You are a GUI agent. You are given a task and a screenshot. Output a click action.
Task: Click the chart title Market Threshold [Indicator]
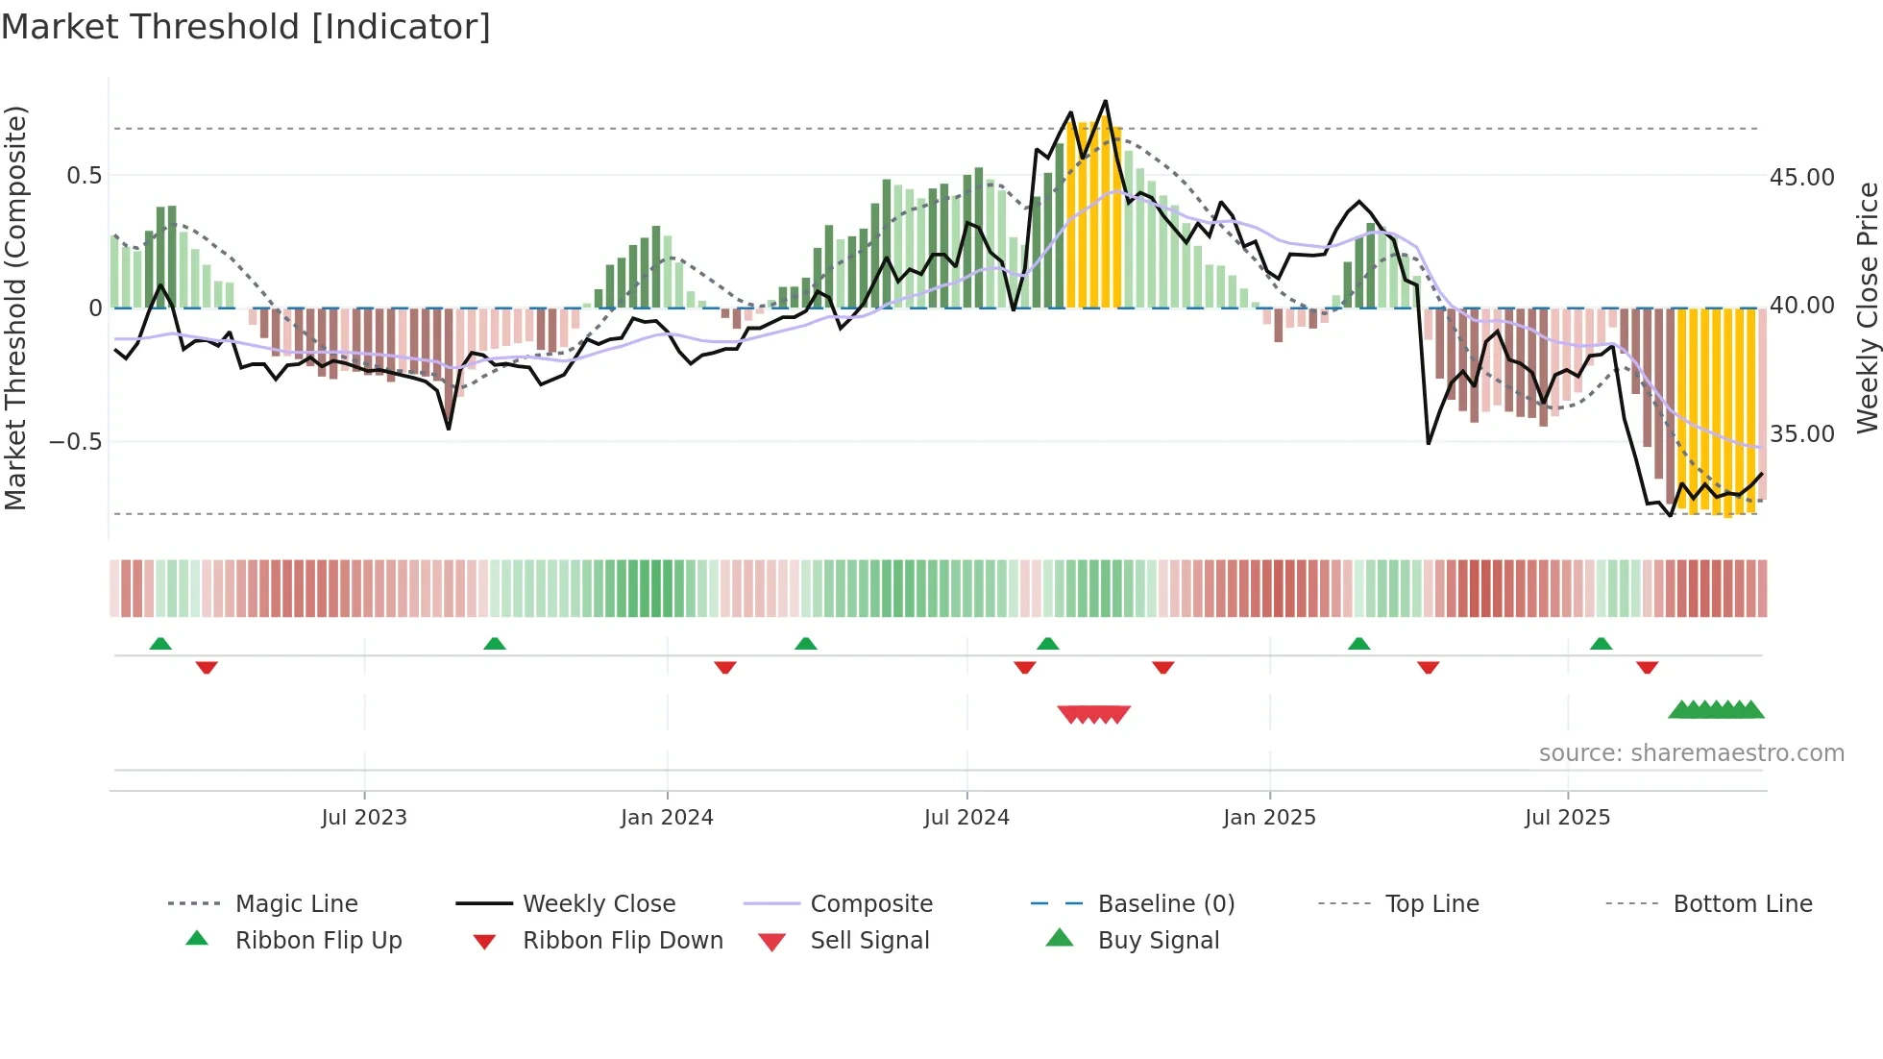[246, 27]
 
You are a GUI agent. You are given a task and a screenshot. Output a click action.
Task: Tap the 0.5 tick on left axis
[84, 176]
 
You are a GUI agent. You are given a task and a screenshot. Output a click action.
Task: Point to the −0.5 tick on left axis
[76, 442]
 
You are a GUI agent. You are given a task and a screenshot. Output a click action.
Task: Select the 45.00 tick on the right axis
[1801, 178]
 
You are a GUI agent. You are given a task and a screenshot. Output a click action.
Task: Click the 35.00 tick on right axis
[1801, 434]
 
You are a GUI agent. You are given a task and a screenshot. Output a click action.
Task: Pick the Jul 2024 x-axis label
[966, 818]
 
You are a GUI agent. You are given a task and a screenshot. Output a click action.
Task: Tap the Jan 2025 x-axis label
[1269, 818]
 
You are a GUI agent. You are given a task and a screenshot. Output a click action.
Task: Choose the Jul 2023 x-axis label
[364, 818]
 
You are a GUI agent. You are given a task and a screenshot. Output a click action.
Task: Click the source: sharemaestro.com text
[1691, 753]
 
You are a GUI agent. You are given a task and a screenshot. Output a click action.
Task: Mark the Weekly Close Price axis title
[1867, 308]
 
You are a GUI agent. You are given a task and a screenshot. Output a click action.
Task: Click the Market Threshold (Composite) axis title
[15, 308]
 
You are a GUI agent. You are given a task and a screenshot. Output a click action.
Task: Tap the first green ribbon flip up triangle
[160, 644]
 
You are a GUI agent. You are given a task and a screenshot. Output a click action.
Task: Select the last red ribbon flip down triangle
[1647, 667]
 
